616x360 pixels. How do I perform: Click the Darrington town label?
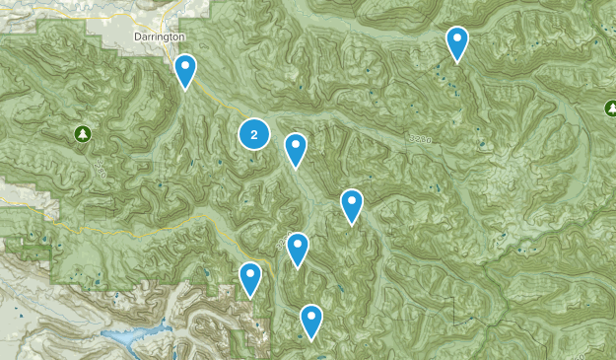pos(158,36)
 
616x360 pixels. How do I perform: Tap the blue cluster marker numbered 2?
pos(254,134)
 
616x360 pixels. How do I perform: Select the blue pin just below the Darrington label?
pos(185,69)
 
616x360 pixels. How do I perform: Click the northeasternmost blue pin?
pos(456,41)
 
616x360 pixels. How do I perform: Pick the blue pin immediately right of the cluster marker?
pos(295,148)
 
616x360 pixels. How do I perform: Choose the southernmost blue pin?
pos(311,319)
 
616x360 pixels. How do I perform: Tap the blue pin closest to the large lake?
pos(251,276)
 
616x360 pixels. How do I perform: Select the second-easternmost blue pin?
pos(352,204)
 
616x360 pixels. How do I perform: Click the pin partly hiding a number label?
pos(299,249)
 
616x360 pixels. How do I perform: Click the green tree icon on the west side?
pos(83,133)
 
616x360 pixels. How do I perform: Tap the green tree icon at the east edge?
pos(611,108)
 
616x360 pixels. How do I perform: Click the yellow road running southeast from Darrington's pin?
pos(212,99)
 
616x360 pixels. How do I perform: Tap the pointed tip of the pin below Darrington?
pos(185,89)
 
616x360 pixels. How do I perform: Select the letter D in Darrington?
pos(135,36)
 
